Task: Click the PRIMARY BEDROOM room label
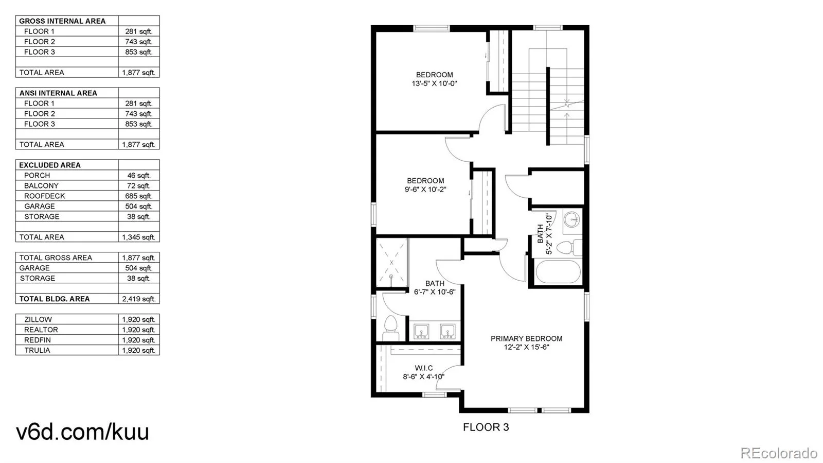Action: pos(527,338)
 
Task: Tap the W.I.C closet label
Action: pos(424,368)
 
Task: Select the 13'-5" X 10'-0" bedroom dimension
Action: pos(434,83)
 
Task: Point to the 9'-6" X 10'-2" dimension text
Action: pos(425,190)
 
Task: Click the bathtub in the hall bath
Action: pos(558,272)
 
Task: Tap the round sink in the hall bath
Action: pos(572,220)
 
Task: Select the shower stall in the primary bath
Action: pos(391,262)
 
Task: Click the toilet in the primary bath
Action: pos(391,328)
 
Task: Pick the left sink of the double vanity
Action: pos(421,331)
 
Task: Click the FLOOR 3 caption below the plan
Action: pos(486,427)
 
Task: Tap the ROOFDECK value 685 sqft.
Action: pos(138,196)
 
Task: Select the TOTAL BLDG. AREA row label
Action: pos(55,299)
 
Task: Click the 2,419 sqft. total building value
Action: pos(138,299)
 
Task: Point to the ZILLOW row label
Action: pos(38,320)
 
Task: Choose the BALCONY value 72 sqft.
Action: pos(138,186)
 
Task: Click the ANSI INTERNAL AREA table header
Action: pos(58,93)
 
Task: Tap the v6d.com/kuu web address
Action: pos(83,432)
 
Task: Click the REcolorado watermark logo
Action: pos(779,452)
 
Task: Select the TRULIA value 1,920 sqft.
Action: pos(138,350)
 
